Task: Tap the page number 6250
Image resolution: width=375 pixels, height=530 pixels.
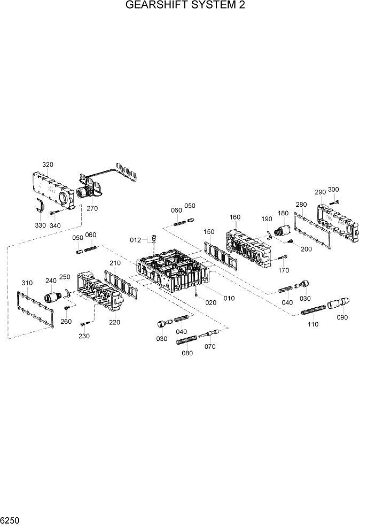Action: click(11, 520)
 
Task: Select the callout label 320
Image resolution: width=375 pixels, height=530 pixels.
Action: click(48, 165)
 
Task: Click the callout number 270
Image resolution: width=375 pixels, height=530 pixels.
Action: click(92, 208)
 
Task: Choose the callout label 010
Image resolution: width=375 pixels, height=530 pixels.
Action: click(228, 298)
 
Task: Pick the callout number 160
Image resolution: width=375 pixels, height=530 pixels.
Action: click(235, 217)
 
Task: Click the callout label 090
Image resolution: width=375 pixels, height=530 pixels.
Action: click(342, 317)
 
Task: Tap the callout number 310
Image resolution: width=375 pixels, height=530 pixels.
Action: click(27, 283)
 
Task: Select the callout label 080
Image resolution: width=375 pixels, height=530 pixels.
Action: click(187, 353)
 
